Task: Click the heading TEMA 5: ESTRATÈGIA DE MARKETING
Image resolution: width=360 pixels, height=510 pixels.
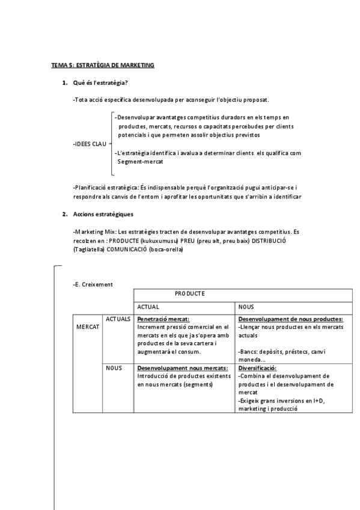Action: (x=102, y=65)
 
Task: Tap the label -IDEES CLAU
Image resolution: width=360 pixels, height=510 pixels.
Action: (x=90, y=144)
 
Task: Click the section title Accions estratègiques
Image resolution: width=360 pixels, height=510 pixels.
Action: (x=103, y=214)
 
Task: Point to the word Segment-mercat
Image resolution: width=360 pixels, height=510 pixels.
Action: (x=141, y=162)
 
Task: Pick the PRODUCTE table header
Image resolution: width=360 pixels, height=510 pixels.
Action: (x=190, y=293)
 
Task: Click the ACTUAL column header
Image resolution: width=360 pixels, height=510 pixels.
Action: (x=148, y=307)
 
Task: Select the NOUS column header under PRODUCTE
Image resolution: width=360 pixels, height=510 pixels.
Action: (x=246, y=307)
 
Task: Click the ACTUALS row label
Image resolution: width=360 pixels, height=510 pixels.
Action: (x=118, y=319)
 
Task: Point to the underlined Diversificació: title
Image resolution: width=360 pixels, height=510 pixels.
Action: (x=257, y=367)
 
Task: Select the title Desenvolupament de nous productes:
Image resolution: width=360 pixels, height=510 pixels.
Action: (x=291, y=319)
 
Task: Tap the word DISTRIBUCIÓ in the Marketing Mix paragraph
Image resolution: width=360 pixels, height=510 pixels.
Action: (x=268, y=241)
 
